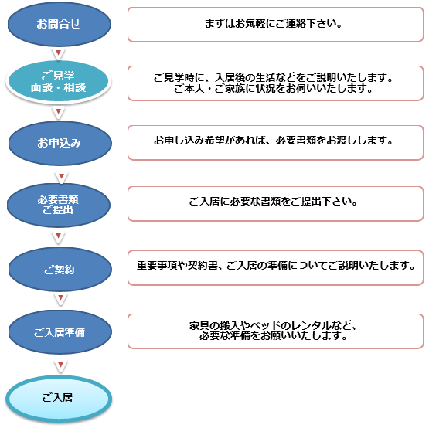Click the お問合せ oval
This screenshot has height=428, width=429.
pos(60,24)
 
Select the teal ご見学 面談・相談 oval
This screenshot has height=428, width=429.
pos(59,81)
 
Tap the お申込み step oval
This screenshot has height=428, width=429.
pos(60,143)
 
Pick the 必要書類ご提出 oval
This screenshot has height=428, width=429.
pos(59,205)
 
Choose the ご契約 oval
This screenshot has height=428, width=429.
pos(60,270)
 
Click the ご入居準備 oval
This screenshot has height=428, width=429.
pos(60,332)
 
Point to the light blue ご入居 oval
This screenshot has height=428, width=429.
pos(59,398)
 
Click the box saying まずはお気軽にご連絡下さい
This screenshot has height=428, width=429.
pos(275,25)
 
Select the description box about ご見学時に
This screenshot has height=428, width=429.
pos(275,83)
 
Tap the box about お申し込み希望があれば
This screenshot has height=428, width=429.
pos(275,143)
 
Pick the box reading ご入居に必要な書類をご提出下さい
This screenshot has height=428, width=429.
pos(275,204)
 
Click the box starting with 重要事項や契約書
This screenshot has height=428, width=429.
pos(275,268)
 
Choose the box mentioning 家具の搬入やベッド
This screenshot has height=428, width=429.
pos(275,331)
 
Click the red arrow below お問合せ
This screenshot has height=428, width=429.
pos(58,53)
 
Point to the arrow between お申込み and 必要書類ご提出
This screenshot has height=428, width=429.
pos(62,176)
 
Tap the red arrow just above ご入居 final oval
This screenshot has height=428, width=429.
pos(61,365)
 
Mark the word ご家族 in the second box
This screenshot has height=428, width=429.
pos(230,89)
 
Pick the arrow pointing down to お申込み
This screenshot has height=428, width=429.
pos(58,111)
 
